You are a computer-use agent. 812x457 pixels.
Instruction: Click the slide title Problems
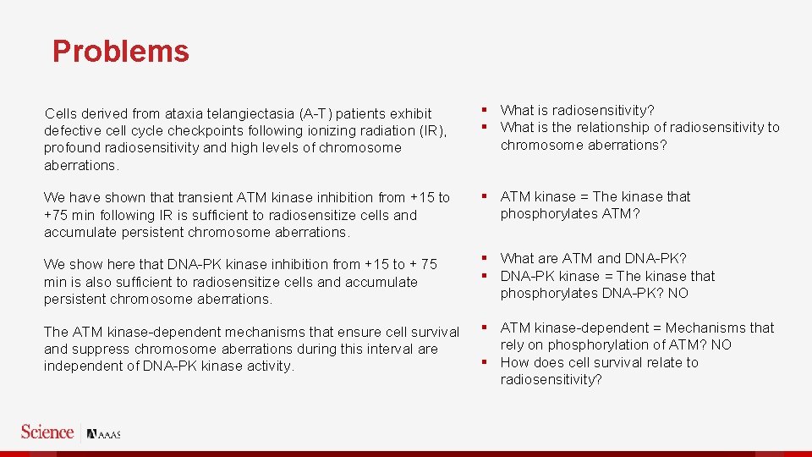tap(120, 52)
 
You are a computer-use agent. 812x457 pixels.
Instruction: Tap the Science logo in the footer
tap(47, 432)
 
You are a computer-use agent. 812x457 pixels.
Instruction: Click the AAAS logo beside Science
tap(104, 433)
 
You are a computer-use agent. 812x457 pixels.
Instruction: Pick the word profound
tap(71, 147)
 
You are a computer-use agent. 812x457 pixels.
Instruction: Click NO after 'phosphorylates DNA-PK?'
tap(678, 293)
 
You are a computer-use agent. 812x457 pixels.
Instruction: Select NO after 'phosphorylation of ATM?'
tap(721, 344)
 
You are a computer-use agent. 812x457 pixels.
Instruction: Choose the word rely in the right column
tap(513, 344)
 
